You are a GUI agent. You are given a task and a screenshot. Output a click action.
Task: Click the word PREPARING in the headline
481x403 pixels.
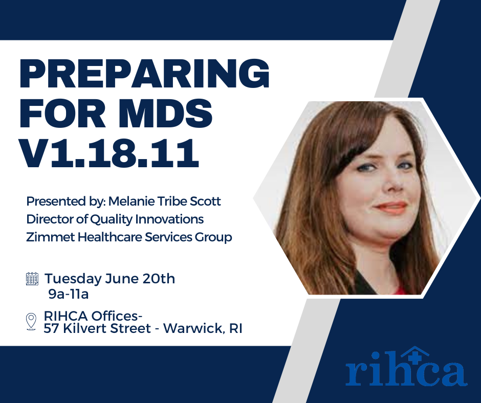tap(144, 74)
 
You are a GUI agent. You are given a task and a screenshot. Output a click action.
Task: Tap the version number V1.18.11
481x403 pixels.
tap(110, 153)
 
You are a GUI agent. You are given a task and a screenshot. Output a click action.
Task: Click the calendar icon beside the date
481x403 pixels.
tap(32, 279)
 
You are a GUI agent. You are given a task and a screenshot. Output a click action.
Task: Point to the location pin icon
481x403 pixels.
tap(31, 322)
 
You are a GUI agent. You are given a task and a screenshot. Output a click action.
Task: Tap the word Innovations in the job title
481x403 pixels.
tap(169, 219)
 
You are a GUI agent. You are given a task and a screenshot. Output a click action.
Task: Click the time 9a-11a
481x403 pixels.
tap(69, 295)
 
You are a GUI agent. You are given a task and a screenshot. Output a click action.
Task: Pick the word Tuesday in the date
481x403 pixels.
tap(73, 279)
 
